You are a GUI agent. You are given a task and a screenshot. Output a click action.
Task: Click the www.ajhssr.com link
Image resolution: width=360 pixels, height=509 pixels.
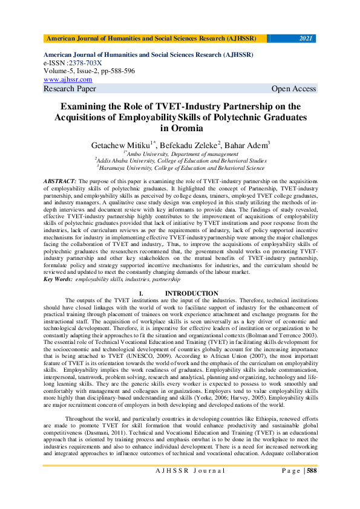coord(68,79)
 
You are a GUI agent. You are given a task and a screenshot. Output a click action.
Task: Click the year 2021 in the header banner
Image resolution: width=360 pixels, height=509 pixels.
coord(306,39)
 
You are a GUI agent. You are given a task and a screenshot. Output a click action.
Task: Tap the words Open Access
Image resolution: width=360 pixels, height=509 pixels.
coord(293,89)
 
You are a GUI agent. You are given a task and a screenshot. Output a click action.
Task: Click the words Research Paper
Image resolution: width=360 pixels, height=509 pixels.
coord(70,89)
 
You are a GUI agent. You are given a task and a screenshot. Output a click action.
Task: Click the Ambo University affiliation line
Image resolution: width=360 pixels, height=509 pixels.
coord(180,154)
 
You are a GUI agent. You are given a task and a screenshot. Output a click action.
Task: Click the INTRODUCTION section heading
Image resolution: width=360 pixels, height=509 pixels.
coord(191,293)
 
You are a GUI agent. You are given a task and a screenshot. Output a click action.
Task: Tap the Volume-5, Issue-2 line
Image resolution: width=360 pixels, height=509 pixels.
coord(89,71)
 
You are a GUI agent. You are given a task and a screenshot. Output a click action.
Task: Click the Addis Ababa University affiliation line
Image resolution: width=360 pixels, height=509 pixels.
coord(180,161)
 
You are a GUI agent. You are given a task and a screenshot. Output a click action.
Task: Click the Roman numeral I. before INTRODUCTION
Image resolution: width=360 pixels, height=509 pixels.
coord(141,293)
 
